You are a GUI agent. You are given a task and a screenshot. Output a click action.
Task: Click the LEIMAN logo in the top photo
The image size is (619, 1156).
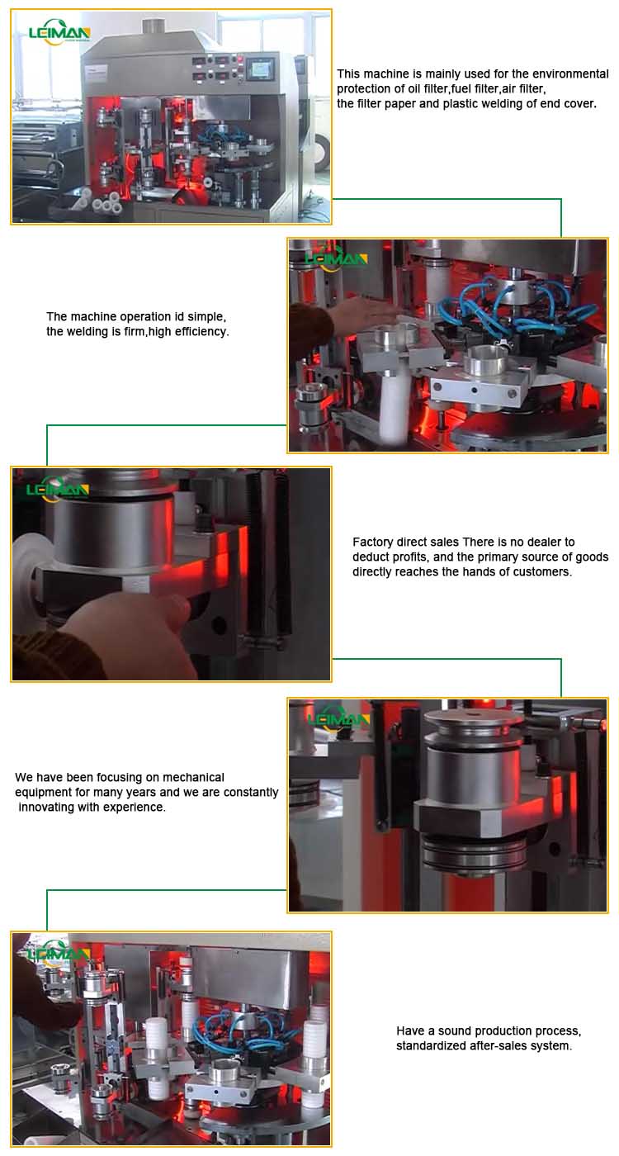tap(59, 33)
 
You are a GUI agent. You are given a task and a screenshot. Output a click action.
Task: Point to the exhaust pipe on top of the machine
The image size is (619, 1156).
tap(154, 25)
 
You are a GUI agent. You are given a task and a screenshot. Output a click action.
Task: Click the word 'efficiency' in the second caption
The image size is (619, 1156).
tap(201, 331)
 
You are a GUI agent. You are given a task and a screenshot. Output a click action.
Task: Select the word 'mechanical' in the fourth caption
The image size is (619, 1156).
tap(193, 777)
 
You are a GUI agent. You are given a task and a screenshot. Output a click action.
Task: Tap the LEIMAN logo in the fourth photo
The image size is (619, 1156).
tap(338, 719)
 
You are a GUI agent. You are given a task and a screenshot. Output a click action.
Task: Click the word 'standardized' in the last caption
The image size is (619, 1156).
tap(429, 1046)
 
